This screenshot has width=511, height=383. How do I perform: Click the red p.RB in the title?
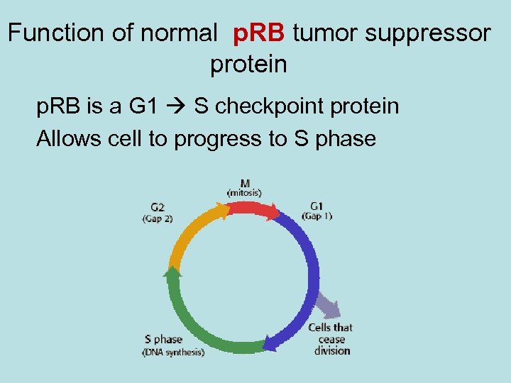pyautogui.click(x=258, y=33)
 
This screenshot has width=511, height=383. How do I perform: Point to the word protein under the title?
pyautogui.click(x=248, y=65)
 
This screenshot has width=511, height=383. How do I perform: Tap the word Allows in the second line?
pyautogui.click(x=70, y=138)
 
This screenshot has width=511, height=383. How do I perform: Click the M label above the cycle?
pyautogui.click(x=244, y=182)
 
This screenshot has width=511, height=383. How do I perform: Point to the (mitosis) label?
pyautogui.click(x=244, y=192)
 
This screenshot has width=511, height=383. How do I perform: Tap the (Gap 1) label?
pyautogui.click(x=317, y=215)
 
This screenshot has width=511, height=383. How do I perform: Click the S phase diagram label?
pyautogui.click(x=163, y=339)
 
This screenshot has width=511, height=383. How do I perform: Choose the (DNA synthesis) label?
pyautogui.click(x=173, y=351)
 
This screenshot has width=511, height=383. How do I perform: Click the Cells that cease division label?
pyautogui.click(x=331, y=338)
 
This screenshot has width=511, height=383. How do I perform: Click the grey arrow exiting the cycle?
pyautogui.click(x=328, y=305)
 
